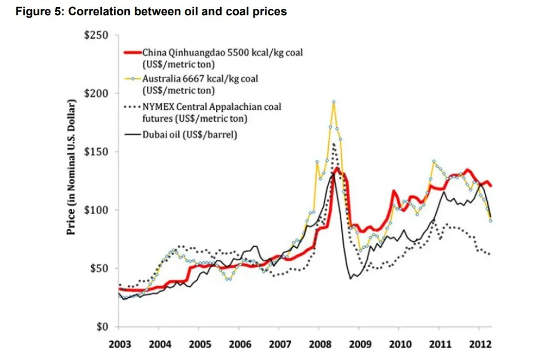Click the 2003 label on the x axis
tap(119, 344)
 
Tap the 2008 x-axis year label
tap(319, 344)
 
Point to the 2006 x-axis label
tap(239, 344)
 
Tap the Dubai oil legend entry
tap(189, 134)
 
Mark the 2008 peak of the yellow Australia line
tap(334, 102)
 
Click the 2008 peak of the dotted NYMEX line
tap(334, 144)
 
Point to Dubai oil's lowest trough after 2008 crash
tap(351, 278)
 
